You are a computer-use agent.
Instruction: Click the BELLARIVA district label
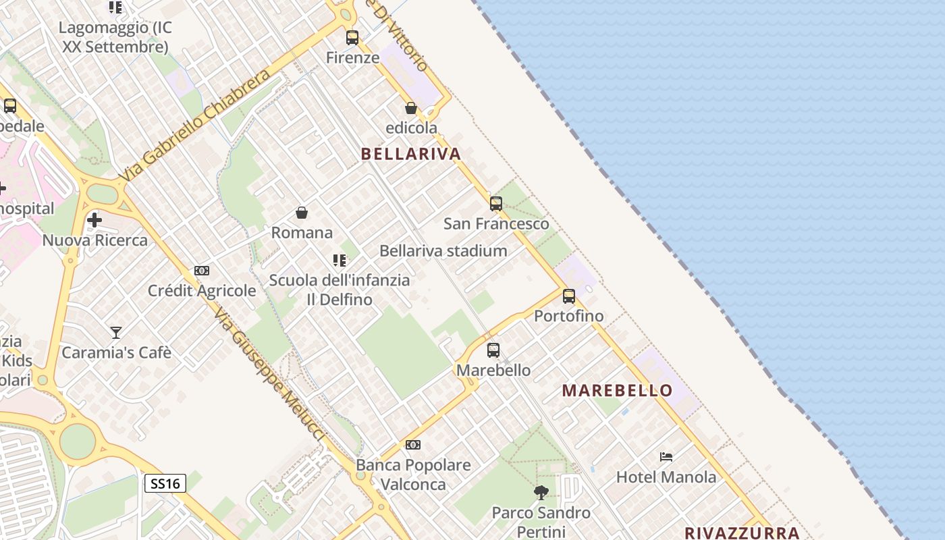[410, 154]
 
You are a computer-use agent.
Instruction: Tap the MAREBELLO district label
[617, 390]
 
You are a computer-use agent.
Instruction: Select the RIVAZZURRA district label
[742, 533]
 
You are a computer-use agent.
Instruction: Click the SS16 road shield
[165, 483]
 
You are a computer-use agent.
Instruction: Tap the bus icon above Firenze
[352, 38]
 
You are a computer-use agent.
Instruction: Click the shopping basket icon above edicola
[410, 108]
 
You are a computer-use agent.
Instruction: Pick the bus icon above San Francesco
[496, 203]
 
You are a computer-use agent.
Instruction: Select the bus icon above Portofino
[569, 296]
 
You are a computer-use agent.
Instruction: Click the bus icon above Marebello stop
[493, 350]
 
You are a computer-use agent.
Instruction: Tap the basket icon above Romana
[302, 213]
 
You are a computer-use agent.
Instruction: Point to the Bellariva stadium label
[443, 251]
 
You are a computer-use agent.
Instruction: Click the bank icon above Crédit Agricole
[202, 271]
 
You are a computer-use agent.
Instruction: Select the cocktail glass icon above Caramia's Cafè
[116, 332]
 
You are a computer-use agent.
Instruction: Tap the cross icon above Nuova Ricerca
[94, 219]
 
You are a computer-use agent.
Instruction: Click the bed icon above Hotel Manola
[666, 457]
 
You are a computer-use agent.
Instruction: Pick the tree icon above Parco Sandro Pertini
[541, 492]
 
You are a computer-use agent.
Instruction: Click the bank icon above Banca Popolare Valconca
[412, 445]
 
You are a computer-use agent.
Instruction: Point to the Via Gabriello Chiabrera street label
[195, 125]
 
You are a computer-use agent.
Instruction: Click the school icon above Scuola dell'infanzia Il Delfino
[340, 260]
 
